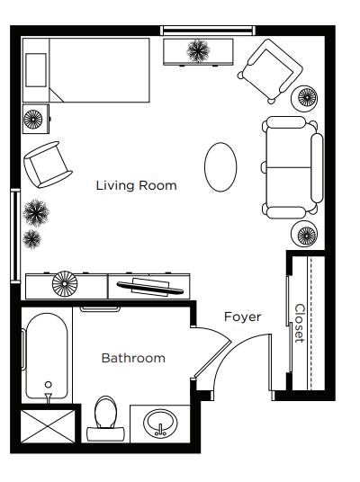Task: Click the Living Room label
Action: point(136,185)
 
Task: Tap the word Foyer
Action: point(243,317)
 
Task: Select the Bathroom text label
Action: point(133,358)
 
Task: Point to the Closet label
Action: point(300,324)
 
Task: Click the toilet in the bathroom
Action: point(105,419)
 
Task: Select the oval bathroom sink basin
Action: point(160,424)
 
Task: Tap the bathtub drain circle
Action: point(48,384)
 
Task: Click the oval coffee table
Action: point(220,167)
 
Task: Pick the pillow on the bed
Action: point(36,70)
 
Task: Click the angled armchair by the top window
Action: point(271,71)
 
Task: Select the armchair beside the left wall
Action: point(47,165)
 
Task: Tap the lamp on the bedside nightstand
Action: point(33,119)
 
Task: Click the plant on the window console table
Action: point(198,50)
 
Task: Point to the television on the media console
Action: point(149,287)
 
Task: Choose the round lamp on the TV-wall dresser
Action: point(64,284)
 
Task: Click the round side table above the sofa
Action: point(304,98)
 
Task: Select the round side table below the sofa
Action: point(304,234)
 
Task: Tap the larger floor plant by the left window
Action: point(36,213)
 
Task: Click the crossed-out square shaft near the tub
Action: point(48,426)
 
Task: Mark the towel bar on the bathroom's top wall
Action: point(100,308)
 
